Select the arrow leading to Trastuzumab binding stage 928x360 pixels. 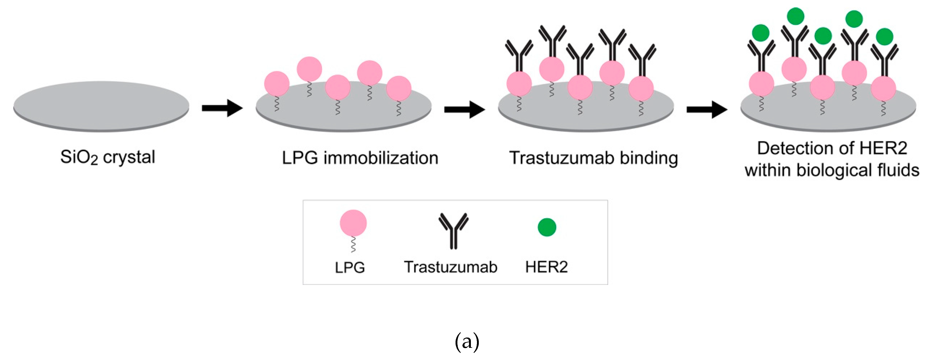464,109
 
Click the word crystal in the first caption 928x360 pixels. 129,157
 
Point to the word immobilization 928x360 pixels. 381,158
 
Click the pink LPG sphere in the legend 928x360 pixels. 353,223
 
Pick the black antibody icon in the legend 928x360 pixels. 453,231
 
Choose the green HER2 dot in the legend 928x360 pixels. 547,227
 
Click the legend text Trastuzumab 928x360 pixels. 450,267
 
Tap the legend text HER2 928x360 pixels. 546,267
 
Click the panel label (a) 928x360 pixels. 467,341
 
